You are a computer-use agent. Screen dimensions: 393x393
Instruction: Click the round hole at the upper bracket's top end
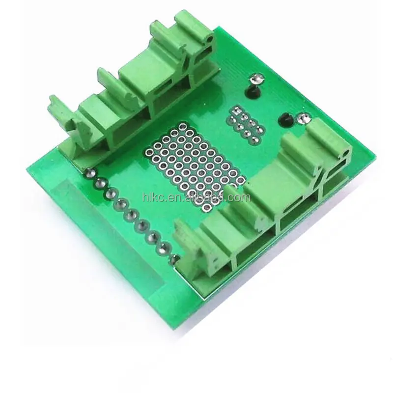[x=210, y=39]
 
